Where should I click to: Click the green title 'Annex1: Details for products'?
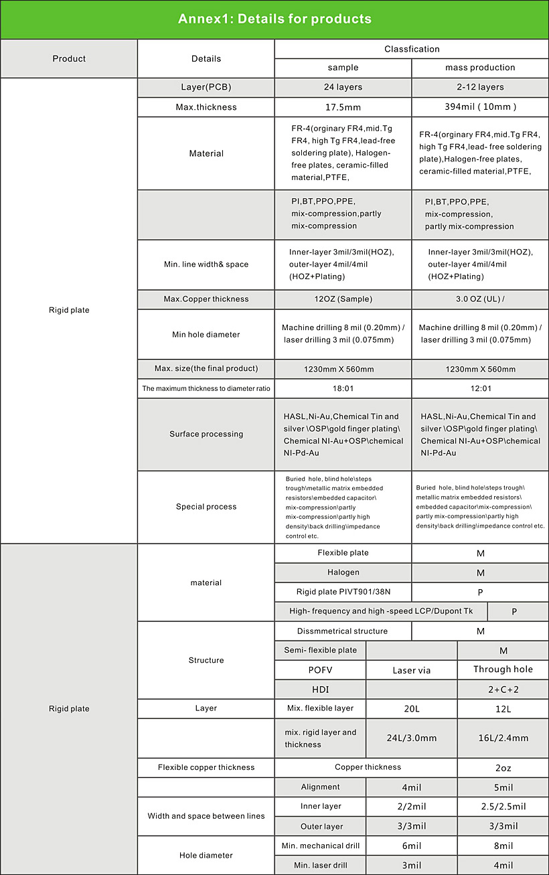coord(274,19)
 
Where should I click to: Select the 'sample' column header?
coord(343,68)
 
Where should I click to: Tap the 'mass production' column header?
coord(480,68)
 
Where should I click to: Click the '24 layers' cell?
coord(343,87)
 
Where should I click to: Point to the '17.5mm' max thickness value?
coord(343,107)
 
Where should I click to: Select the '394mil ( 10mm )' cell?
coord(480,107)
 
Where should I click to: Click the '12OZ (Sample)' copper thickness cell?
coord(343,299)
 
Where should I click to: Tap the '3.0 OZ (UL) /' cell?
coord(480,299)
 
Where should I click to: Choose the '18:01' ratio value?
coord(343,388)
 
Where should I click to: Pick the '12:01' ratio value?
coord(480,388)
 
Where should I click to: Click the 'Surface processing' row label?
coord(206,434)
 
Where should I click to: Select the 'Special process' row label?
coord(206,507)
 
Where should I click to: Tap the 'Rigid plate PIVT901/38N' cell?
coord(343,592)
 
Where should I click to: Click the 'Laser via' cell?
coord(412,670)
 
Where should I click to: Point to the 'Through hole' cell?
coord(503,669)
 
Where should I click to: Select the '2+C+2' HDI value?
coord(503,690)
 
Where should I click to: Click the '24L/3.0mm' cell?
coord(412,738)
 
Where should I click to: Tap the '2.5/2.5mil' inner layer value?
coord(503,807)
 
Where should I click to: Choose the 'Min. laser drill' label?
coord(321,866)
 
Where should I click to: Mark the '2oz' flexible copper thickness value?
coord(503,768)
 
